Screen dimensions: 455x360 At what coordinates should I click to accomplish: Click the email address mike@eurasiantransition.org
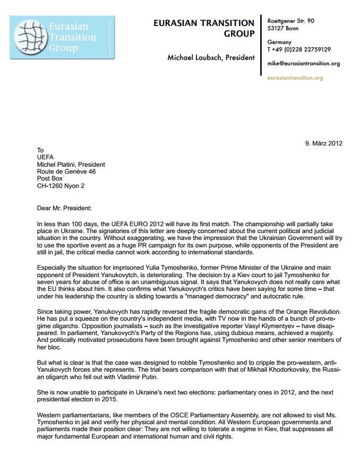[304, 64]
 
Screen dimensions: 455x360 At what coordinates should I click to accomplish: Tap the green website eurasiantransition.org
[295, 78]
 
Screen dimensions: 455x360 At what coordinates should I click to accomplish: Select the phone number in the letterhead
[299, 49]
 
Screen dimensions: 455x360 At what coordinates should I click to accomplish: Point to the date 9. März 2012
[323, 143]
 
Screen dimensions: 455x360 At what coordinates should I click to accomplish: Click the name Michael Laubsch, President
[211, 57]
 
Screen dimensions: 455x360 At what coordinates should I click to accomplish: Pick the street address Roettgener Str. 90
[290, 21]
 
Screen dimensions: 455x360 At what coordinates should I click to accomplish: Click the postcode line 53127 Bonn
[283, 28]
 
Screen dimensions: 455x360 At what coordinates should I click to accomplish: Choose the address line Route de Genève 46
[66, 172]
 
